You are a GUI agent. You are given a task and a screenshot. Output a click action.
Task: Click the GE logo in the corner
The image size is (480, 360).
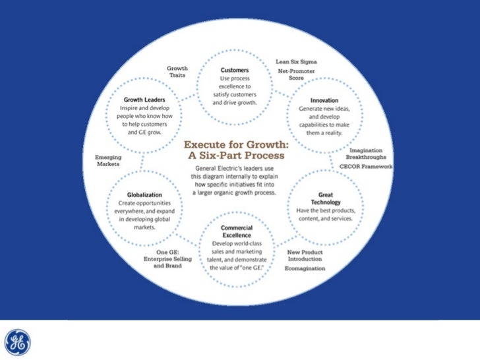pos(18,342)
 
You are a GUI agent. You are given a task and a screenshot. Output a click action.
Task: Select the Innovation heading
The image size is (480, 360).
pos(324,100)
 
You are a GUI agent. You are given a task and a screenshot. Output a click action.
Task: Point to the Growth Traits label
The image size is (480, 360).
pos(177,72)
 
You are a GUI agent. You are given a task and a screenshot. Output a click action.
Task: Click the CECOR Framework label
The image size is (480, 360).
pos(366,167)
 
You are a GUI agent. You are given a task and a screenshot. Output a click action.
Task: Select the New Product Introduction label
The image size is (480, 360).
pos(305,256)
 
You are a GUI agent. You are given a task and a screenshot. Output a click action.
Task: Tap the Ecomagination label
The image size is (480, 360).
pos(306,270)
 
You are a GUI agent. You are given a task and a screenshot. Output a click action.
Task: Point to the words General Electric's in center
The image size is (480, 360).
pos(219,169)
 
